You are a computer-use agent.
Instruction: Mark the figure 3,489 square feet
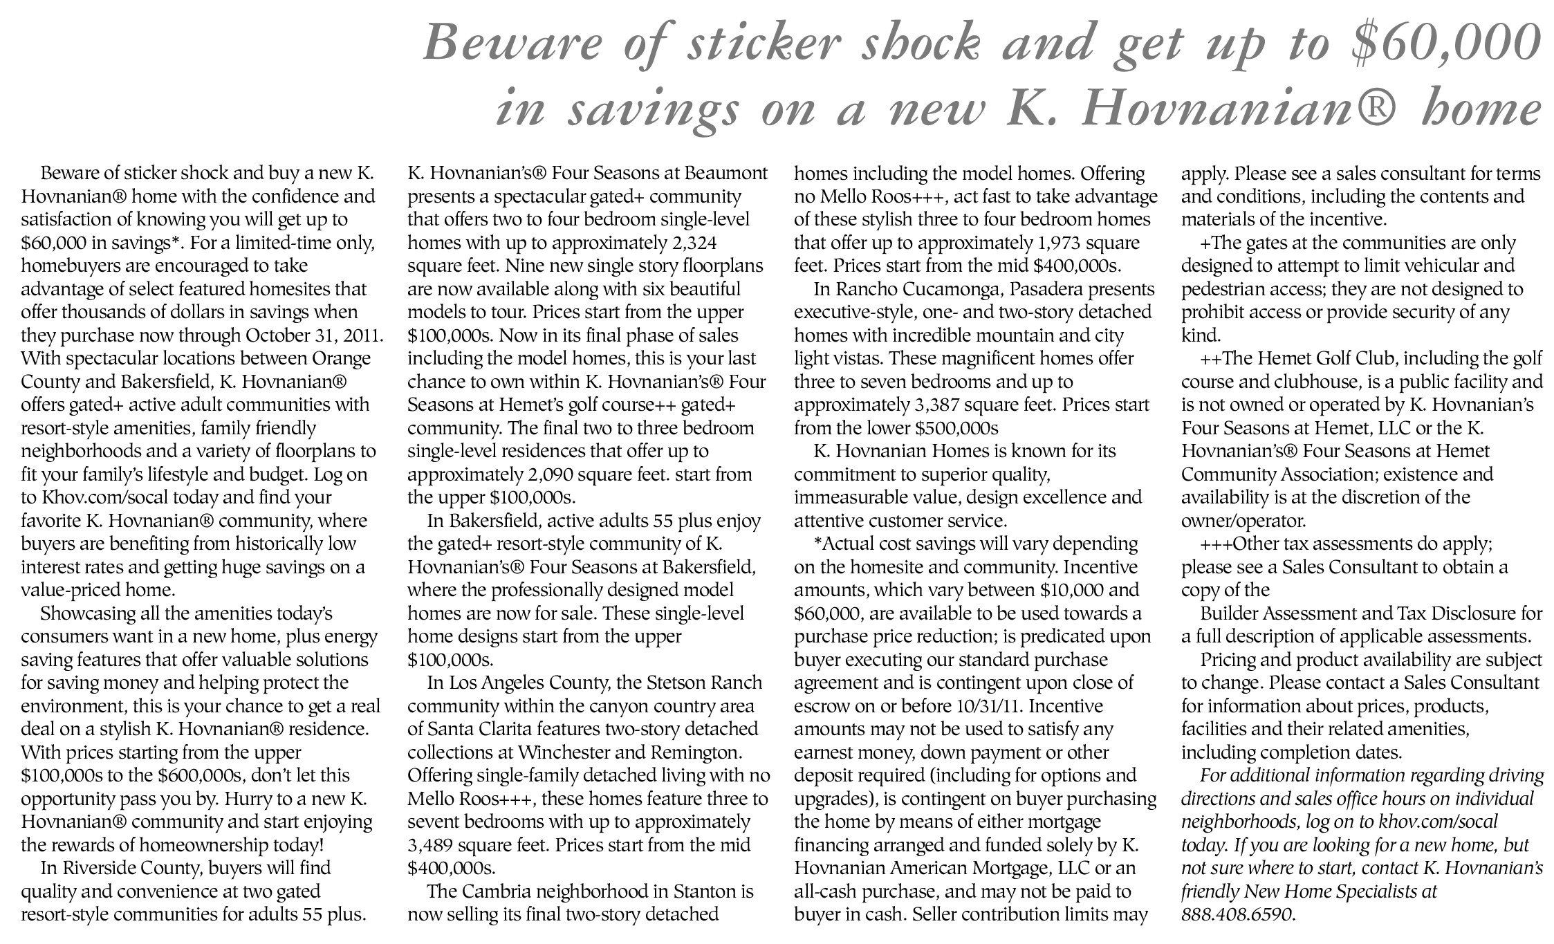click(432, 845)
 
